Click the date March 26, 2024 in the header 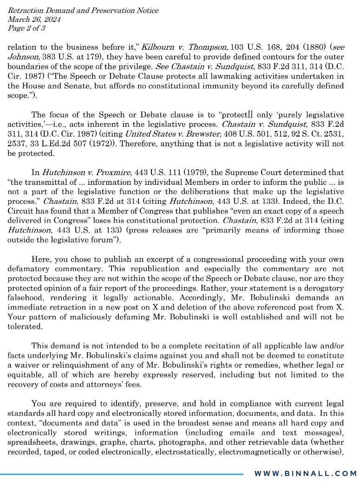pyautogui.click(x=34, y=19)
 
